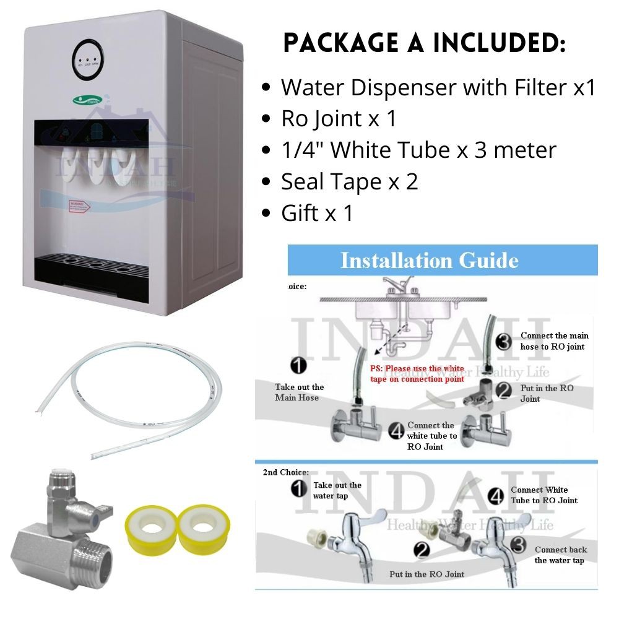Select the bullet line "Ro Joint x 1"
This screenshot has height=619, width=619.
click(x=338, y=118)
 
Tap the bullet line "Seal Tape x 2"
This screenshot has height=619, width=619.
click(x=349, y=181)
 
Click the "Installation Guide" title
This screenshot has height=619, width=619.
click(x=430, y=260)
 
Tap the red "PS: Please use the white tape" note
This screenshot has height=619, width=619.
click(x=417, y=374)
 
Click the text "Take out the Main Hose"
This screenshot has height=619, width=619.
click(x=299, y=392)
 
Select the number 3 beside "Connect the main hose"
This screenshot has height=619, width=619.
click(x=504, y=341)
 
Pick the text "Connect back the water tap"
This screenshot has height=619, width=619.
click(x=561, y=555)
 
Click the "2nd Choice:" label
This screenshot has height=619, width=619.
click(x=286, y=472)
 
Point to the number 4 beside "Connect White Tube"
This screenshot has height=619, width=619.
click(x=495, y=495)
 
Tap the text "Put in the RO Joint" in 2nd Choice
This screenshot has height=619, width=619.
click(x=426, y=574)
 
